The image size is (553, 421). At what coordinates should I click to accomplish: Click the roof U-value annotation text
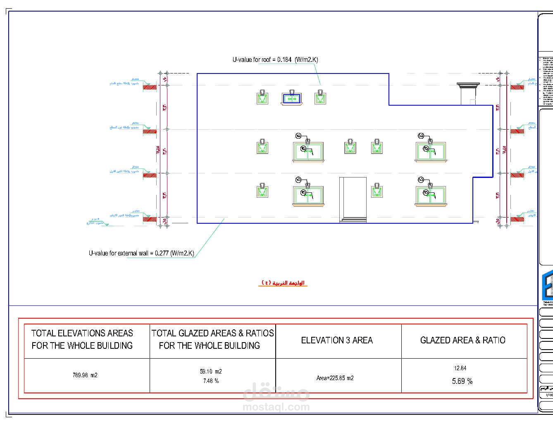tap(275, 59)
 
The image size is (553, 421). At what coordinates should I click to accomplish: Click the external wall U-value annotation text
tap(141, 253)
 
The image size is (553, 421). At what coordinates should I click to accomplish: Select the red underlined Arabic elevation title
tap(283, 283)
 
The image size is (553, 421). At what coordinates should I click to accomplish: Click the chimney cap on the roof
tap(468, 85)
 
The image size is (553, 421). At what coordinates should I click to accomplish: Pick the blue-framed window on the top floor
tap(292, 99)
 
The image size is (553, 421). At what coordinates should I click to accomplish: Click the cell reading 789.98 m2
tap(85, 375)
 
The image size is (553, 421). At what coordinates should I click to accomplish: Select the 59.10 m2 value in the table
tap(211, 371)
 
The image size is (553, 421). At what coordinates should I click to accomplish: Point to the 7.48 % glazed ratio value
tap(211, 381)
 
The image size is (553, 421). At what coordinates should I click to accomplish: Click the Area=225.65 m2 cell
tap(335, 378)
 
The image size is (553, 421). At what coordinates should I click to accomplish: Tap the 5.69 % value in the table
tap(462, 381)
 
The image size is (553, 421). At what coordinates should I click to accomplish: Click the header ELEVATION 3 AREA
tap(337, 341)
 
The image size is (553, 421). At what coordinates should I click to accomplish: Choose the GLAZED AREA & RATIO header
tap(462, 341)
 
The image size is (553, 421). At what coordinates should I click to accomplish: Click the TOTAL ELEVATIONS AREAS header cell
tap(82, 339)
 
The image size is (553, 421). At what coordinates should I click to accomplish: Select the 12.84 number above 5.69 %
tap(460, 368)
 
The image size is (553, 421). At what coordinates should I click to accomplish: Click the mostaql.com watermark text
tap(276, 407)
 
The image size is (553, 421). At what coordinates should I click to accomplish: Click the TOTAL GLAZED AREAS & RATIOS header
tap(212, 339)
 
